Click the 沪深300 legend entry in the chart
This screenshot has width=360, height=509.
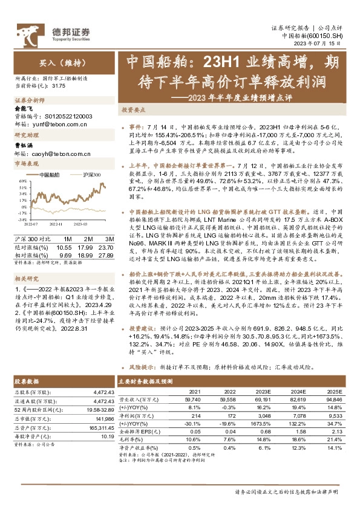coord(89,175)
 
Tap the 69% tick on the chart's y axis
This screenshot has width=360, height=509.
coord(19,181)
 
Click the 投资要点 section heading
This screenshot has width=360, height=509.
coord(134,111)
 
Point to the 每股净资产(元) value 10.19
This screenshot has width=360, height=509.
coord(100,436)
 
